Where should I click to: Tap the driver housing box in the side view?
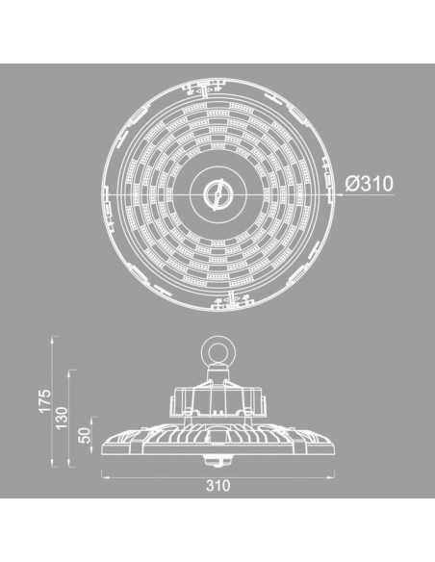point(217,396)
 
